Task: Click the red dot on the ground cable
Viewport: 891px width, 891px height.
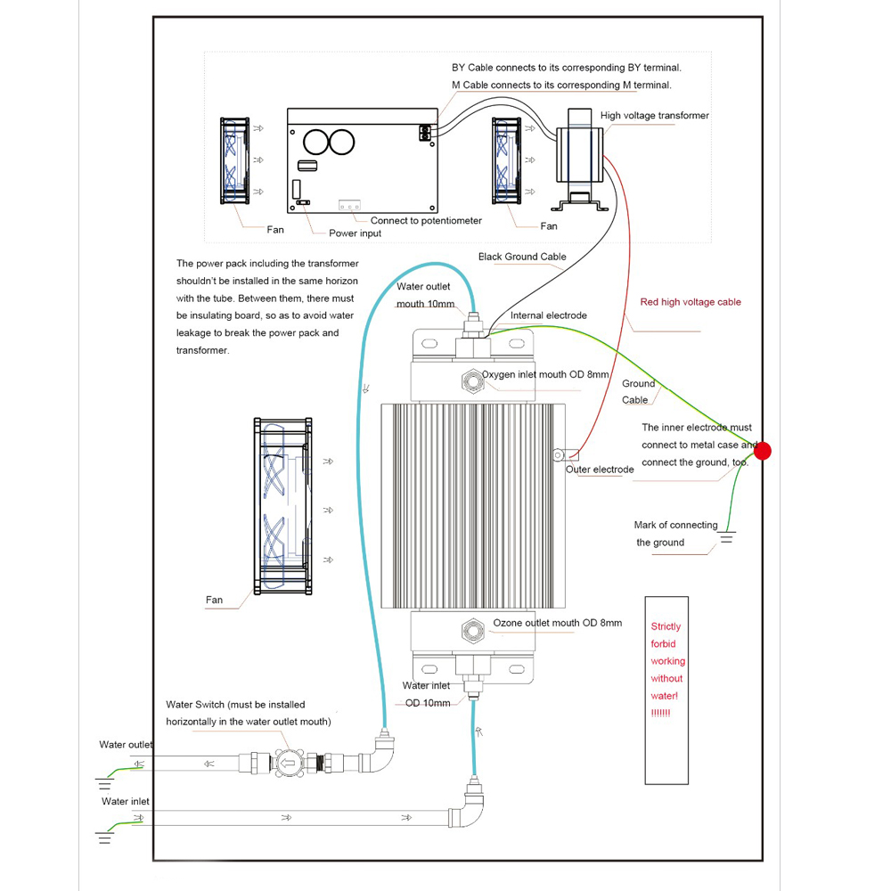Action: (x=763, y=452)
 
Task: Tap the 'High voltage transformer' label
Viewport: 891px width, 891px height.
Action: (x=655, y=116)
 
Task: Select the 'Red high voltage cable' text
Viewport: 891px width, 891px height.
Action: (x=691, y=302)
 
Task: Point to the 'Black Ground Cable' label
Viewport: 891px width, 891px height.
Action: (x=522, y=257)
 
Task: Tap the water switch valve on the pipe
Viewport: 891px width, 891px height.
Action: (x=288, y=763)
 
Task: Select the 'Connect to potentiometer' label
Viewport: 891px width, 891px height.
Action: (x=426, y=220)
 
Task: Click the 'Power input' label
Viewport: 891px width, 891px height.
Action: (x=355, y=233)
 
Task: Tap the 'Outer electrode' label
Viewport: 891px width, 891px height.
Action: (x=600, y=470)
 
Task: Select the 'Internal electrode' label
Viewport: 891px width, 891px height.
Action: (x=549, y=315)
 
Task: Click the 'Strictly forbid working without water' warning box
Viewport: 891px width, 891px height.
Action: (x=667, y=690)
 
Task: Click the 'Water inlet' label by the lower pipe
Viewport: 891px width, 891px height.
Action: (x=126, y=802)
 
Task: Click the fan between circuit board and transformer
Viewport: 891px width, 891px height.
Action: (x=508, y=160)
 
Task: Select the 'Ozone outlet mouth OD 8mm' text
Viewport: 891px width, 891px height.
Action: (x=557, y=623)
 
